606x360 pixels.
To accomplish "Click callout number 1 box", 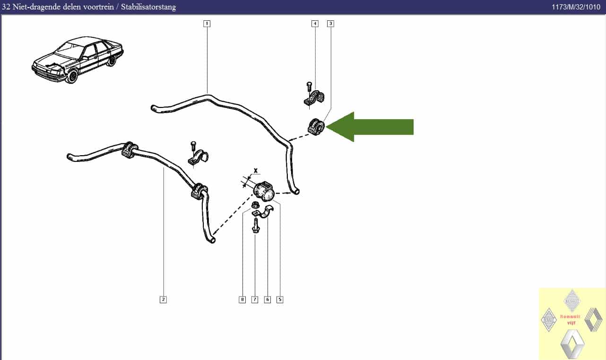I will pos(207,23).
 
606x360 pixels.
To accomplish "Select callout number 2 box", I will pos(163,299).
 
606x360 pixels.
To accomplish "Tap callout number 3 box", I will pos(330,23).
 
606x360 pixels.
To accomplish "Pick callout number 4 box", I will pos(315,23).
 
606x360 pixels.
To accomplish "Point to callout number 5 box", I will pos(280,299).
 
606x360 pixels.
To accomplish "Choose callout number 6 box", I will pos(268,299).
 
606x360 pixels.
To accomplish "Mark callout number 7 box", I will pos(255,299).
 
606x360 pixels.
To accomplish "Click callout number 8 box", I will pos(242,299).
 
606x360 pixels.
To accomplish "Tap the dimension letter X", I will pos(256,170).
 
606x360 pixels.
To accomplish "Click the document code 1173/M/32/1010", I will pos(576,7).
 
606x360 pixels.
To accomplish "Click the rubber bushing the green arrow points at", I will pos(316,127).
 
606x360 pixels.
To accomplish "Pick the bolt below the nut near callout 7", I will pos(255,224).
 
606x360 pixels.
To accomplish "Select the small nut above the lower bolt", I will pos(254,205).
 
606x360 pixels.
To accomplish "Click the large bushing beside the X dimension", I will pos(264,190).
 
